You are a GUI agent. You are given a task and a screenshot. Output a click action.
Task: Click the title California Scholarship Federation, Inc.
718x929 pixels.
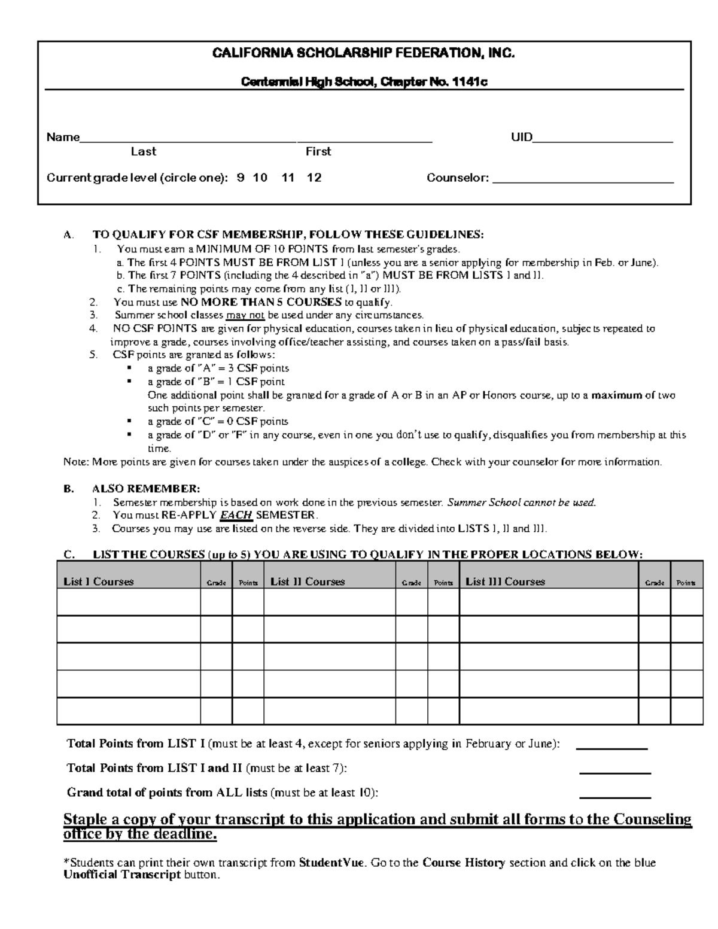[364, 53]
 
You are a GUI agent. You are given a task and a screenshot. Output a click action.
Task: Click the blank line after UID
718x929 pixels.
[603, 139]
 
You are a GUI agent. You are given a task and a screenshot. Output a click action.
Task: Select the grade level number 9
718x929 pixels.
[241, 178]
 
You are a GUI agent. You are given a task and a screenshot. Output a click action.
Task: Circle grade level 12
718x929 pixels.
[314, 178]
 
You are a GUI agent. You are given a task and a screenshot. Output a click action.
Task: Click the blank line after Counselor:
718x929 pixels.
[583, 178]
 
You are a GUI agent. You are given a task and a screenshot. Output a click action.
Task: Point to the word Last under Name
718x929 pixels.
[144, 152]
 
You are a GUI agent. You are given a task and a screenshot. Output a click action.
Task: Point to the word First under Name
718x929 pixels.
[318, 152]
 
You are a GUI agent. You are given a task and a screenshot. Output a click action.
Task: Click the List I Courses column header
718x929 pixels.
[99, 581]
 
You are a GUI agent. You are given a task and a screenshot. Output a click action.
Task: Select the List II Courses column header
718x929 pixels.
[308, 581]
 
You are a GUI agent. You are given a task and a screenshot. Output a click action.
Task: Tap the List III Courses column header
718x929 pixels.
[505, 581]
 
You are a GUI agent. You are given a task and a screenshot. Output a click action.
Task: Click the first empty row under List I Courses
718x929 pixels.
[129, 602]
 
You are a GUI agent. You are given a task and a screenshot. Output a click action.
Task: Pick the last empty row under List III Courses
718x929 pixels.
[549, 711]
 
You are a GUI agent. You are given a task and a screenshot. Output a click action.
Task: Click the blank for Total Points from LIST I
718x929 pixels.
[611, 745]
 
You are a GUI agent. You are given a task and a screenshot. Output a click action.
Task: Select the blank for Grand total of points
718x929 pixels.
[615, 794]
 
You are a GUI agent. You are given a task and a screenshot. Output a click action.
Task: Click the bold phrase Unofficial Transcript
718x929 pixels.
[122, 875]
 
